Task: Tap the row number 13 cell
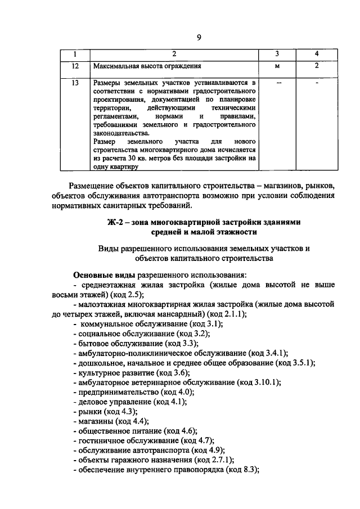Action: [x=75, y=83]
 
